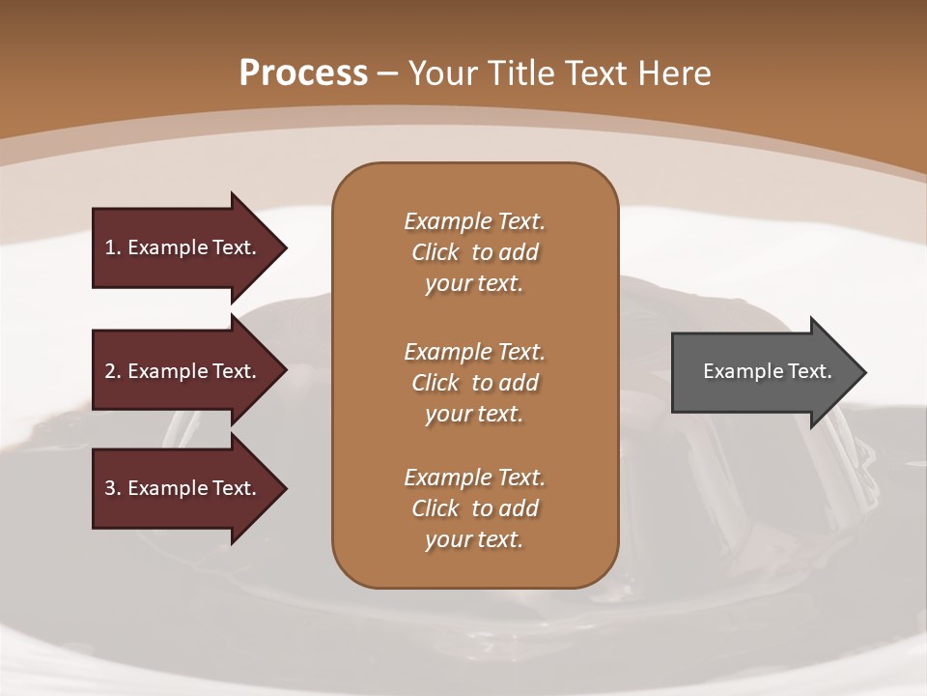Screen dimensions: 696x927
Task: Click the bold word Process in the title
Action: point(303,73)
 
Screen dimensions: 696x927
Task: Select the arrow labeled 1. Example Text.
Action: point(183,247)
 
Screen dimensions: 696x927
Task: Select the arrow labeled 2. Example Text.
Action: point(183,371)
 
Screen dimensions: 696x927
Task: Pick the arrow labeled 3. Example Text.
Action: point(183,488)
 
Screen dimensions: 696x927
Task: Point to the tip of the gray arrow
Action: point(863,372)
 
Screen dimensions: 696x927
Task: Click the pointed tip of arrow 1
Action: point(284,247)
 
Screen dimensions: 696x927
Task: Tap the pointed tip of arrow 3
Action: point(284,488)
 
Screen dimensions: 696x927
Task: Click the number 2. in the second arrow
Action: point(112,371)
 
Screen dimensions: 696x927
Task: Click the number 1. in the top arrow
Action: point(112,247)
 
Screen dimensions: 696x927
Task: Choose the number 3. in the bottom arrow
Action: point(112,488)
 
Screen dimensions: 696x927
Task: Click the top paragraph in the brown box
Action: point(474,252)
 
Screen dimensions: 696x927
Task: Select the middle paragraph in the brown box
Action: point(474,383)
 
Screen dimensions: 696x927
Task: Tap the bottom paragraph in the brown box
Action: point(474,508)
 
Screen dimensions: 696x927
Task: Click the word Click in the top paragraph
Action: point(435,252)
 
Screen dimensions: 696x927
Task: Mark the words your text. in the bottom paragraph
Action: point(474,539)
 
